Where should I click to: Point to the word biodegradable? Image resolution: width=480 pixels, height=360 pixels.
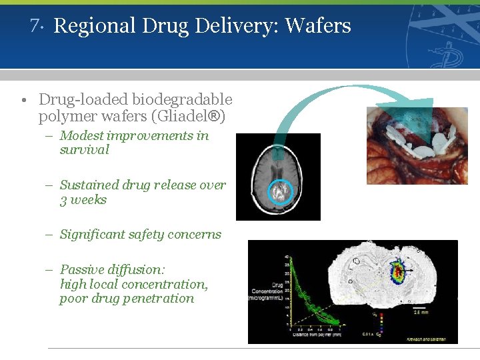tap(182, 100)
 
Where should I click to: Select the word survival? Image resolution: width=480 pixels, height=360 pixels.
tap(84, 150)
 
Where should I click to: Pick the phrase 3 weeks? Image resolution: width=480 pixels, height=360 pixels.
tap(83, 200)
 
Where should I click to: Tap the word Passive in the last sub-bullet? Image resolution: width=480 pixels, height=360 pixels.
tap(83, 270)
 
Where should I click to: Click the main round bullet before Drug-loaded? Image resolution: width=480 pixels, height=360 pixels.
tap(23, 101)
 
